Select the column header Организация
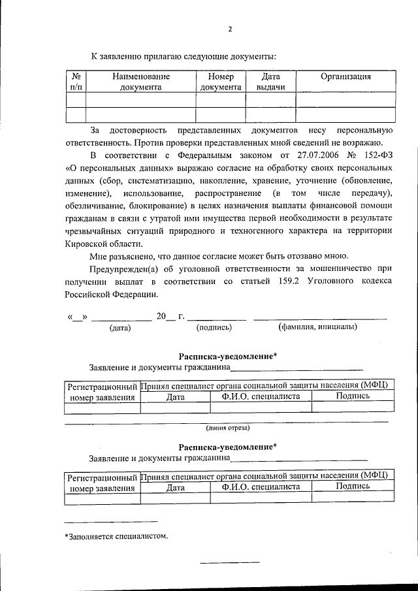click(x=346, y=76)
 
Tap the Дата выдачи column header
click(x=270, y=82)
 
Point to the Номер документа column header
click(x=221, y=82)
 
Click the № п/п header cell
click(x=76, y=82)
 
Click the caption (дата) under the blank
click(x=120, y=328)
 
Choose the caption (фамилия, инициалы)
click(x=317, y=327)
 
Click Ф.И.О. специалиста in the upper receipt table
click(x=261, y=396)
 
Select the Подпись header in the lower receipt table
click(x=353, y=487)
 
